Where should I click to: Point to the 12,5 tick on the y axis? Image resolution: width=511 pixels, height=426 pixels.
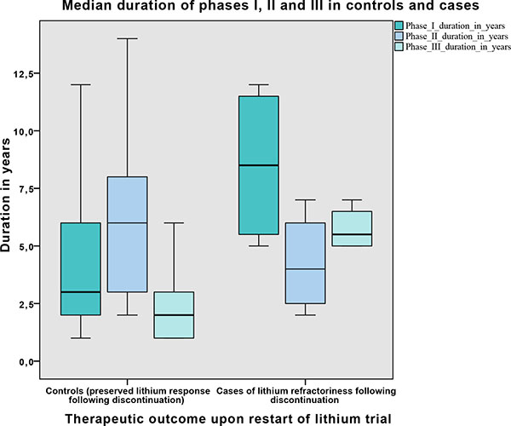pos(31,74)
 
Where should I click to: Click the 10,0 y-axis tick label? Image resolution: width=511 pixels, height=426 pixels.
pos(31,131)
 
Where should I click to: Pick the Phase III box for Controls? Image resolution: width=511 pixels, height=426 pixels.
pos(174,315)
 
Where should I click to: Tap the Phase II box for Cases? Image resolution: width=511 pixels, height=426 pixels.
pos(305,263)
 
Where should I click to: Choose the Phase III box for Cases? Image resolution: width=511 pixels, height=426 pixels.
pos(352,228)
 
